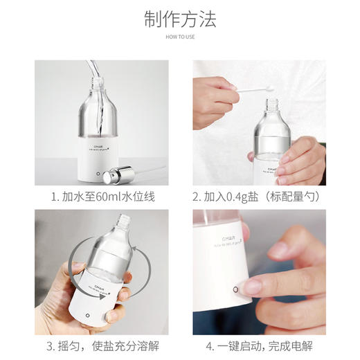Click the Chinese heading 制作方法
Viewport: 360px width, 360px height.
click(179, 19)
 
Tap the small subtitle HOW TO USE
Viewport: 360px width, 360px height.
click(179, 37)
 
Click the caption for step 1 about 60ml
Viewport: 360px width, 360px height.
click(102, 197)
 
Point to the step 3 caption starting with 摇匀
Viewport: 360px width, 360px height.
click(102, 345)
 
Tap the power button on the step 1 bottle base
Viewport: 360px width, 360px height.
click(98, 172)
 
